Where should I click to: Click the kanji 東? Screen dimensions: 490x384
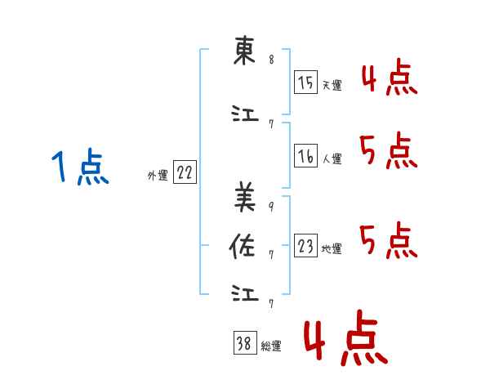coord(245,51)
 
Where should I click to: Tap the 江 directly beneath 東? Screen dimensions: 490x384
coord(245,114)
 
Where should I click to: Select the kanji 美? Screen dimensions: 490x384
coord(245,197)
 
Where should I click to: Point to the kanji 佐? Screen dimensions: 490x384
coord(243,247)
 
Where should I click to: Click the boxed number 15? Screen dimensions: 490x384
coord(305,83)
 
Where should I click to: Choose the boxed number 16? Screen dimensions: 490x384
coord(305,156)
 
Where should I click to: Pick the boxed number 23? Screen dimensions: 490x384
coord(305,245)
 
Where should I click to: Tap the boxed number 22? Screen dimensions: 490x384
coord(185,172)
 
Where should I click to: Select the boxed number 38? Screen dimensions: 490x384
coord(245,342)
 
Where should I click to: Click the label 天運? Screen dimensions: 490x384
coord(332,85)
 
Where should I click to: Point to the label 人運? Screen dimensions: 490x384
coord(332,159)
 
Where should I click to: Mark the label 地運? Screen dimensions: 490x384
coord(332,248)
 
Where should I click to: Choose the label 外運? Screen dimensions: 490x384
coord(158,175)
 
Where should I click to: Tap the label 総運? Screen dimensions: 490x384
coord(271,346)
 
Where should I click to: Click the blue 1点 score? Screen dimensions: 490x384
coord(80,167)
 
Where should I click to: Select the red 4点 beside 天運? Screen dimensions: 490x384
coord(390,77)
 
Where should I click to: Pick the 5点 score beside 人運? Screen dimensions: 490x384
coord(389,150)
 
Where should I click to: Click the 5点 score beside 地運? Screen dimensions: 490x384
coord(389,240)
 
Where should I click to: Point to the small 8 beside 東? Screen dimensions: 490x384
coord(272,59)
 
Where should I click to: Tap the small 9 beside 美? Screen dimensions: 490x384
coord(271,207)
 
